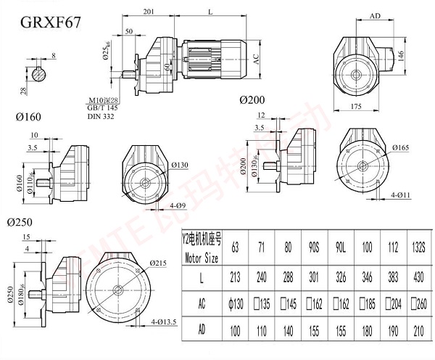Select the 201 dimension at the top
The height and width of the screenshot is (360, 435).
pyautogui.click(x=148, y=12)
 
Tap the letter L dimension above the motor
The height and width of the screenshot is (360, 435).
pyautogui.click(x=210, y=12)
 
